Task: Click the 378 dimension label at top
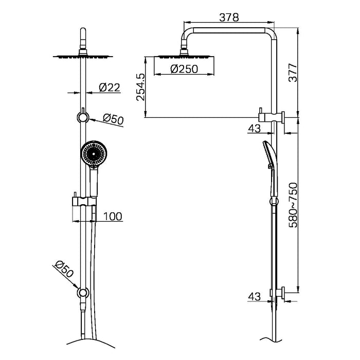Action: click(x=229, y=17)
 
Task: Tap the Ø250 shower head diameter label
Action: click(x=184, y=69)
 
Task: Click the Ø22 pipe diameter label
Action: click(x=109, y=87)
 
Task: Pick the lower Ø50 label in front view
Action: click(x=64, y=271)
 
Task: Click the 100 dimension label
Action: click(x=113, y=217)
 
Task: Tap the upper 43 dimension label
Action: click(x=254, y=129)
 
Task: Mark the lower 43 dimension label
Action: click(x=254, y=297)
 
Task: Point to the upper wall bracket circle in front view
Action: click(x=82, y=117)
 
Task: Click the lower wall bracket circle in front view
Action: click(x=82, y=293)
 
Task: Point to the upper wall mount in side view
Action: click(x=273, y=116)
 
